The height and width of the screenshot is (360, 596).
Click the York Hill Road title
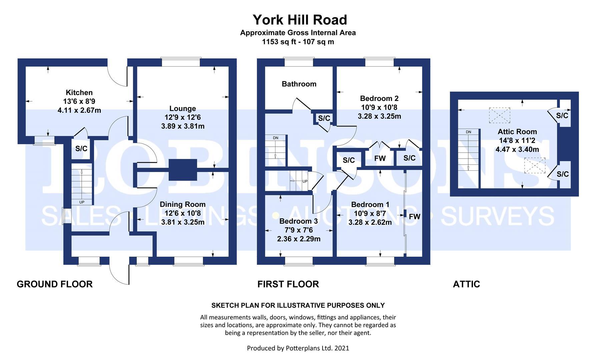(300, 20)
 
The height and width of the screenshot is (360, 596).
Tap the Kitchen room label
(79, 93)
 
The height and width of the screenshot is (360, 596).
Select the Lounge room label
(182, 108)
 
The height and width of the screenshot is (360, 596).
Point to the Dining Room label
(182, 204)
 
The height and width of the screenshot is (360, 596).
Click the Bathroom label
(299, 84)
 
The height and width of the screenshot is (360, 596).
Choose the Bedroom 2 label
(379, 98)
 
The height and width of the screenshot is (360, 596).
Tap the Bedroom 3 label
(299, 221)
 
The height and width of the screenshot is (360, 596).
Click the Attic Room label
(517, 132)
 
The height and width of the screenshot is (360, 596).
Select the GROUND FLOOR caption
(55, 284)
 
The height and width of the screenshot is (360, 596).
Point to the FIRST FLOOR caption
(288, 284)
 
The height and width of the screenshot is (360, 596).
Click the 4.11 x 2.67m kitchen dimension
(79, 110)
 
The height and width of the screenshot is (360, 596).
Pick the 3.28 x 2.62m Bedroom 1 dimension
(370, 222)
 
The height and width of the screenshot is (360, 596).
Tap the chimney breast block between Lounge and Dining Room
(182, 170)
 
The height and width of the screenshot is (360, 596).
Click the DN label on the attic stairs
(468, 132)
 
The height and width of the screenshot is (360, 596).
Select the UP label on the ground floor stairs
(82, 202)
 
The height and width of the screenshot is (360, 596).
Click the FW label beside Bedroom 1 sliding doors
(415, 217)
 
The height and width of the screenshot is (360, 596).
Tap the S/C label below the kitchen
(81, 149)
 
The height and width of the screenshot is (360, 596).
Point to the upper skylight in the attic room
(499, 115)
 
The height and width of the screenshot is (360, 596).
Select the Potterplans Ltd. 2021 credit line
(298, 348)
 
